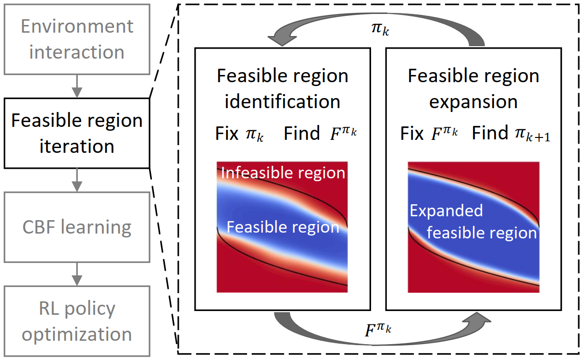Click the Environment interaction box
77,39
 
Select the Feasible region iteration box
77,133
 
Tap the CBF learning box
77,227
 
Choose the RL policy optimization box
77,321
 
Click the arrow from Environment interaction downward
77,87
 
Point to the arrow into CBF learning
77,180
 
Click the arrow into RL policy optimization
77,274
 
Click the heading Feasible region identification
283,88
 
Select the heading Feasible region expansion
473,88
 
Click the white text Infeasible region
284,173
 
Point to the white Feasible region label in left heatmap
283,227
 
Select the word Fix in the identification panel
227,134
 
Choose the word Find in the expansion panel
490,133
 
